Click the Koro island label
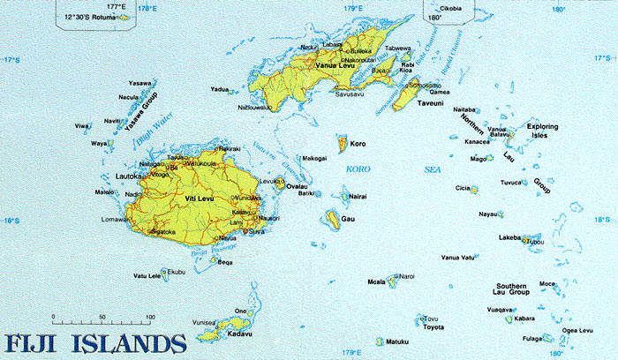pos(358,143)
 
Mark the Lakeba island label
pos(509,238)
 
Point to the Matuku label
pos(399,341)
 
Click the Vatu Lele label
pos(147,276)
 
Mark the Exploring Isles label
pos(544,131)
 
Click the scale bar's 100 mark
pos(150,316)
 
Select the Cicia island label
pos(462,188)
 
